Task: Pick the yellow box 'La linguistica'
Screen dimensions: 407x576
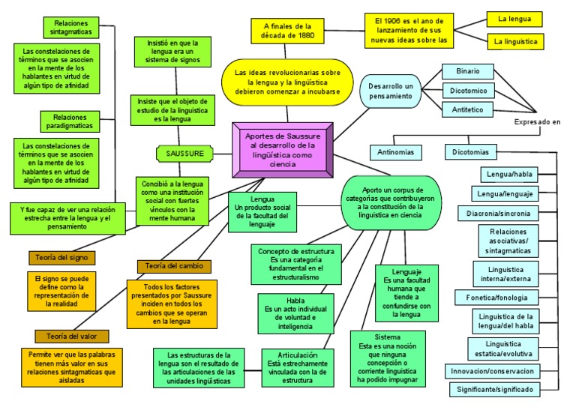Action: tap(515, 42)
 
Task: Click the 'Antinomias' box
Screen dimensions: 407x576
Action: tap(396, 152)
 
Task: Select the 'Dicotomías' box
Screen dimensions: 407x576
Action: tap(471, 152)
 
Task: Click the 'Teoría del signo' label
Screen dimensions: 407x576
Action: tap(63, 257)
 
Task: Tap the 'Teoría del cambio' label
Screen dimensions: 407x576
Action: tap(174, 265)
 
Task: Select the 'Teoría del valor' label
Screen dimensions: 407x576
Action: tap(72, 336)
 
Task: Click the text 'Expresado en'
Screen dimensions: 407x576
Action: tap(537, 122)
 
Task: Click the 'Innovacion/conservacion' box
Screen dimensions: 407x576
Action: tap(493, 371)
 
